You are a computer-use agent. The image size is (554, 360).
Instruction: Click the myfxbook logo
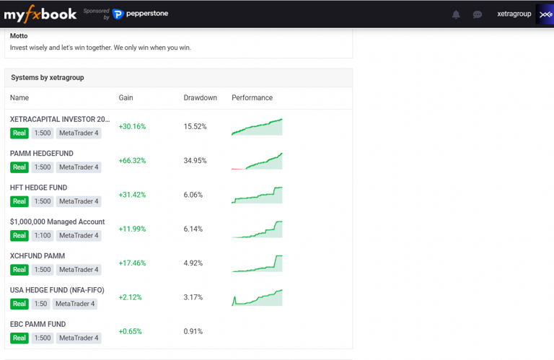tap(40, 14)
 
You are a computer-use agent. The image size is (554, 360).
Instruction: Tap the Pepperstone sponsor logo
tap(141, 14)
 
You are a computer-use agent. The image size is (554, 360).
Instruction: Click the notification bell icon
tap(456, 14)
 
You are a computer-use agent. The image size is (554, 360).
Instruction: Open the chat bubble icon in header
tap(477, 14)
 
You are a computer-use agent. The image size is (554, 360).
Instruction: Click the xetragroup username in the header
tap(514, 14)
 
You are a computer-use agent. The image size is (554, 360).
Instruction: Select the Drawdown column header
tap(200, 97)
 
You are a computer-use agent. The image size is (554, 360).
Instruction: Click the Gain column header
tap(126, 97)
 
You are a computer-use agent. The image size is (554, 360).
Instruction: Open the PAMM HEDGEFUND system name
tap(42, 154)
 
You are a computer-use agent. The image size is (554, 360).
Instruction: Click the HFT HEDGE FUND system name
tap(38, 188)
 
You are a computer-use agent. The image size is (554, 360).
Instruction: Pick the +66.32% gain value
tap(132, 161)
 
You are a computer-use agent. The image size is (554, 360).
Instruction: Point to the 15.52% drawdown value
tap(195, 126)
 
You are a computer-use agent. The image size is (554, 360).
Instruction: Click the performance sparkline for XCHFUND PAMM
tap(257, 263)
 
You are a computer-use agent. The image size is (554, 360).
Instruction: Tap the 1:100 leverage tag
tap(43, 236)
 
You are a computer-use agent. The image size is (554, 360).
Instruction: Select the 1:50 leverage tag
tap(40, 304)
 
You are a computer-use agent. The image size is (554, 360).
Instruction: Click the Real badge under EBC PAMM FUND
tap(19, 338)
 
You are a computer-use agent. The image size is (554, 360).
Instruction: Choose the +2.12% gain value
tap(131, 297)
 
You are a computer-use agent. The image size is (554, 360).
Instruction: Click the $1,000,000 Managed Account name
tap(57, 221)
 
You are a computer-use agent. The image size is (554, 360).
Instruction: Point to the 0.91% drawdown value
tap(193, 332)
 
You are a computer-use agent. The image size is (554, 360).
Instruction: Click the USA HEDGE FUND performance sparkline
tap(257, 297)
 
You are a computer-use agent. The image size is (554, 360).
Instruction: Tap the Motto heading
tap(19, 36)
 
